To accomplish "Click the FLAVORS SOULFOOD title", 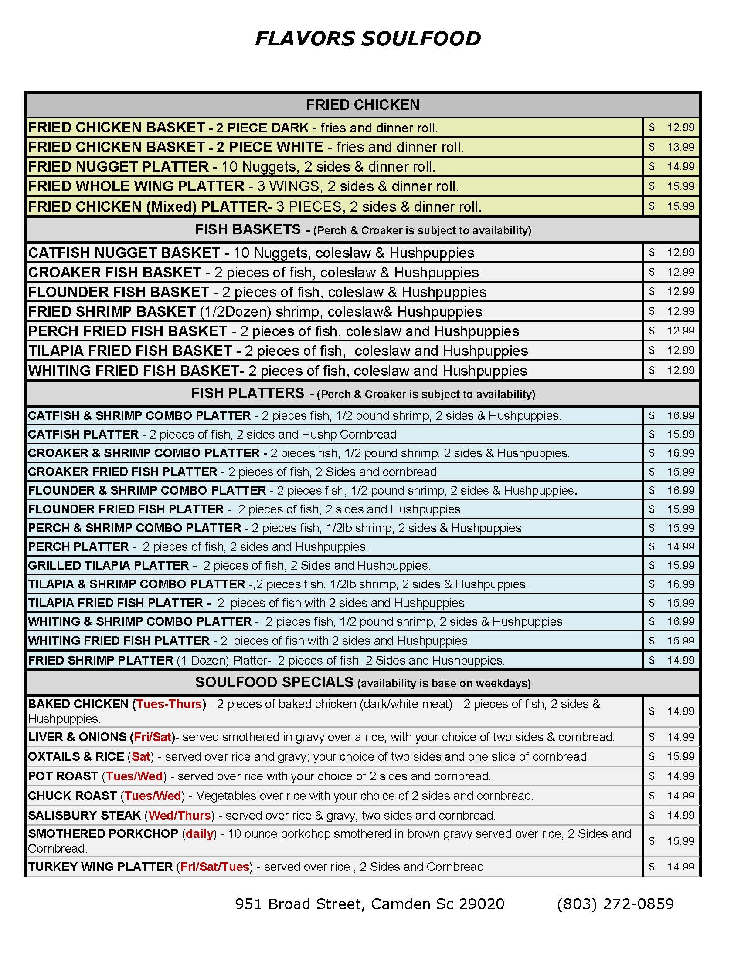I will click(368, 39).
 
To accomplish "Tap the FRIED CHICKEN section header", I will click(363, 105).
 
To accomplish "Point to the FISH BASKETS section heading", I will click(248, 229).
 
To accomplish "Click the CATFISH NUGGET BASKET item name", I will click(124, 253).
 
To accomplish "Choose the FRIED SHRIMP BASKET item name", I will click(112, 312).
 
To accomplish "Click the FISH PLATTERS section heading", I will click(248, 393).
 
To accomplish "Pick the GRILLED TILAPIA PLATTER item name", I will click(109, 565).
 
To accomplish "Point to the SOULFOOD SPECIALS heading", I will click(274, 682).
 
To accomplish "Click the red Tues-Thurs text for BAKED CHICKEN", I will click(169, 704).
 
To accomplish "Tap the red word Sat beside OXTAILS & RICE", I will click(140, 757).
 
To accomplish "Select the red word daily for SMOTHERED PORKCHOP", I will click(199, 833).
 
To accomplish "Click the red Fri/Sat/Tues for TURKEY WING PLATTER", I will click(214, 867).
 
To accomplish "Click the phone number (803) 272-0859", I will click(615, 904).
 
